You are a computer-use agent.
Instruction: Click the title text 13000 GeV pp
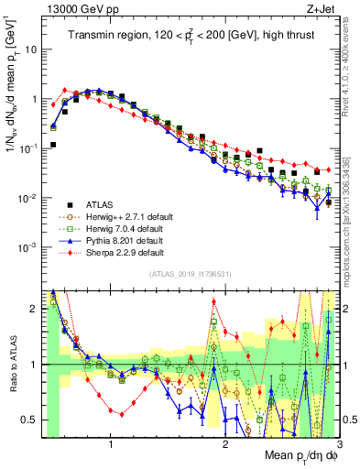tap(75, 9)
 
